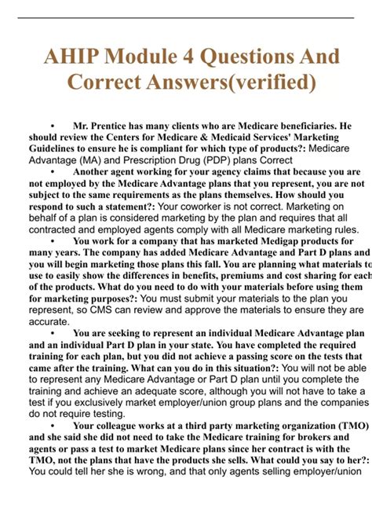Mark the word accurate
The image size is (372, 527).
point(49,321)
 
